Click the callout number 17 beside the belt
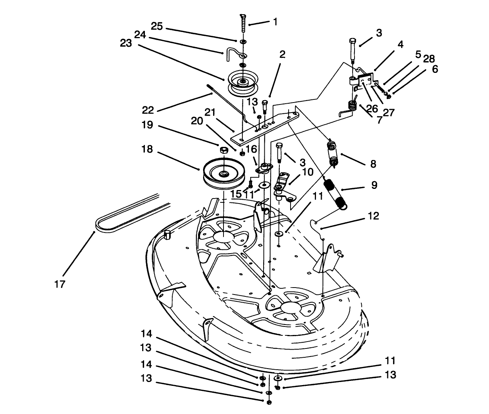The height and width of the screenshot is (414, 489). (60, 284)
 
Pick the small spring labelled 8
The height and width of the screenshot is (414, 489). (333, 152)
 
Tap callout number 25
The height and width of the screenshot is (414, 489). (157, 26)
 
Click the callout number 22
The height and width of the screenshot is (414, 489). (148, 111)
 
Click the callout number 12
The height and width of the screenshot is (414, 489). (373, 216)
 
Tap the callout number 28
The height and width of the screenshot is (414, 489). (429, 59)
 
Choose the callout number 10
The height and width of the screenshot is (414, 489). (308, 172)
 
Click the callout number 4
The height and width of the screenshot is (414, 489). (400, 45)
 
